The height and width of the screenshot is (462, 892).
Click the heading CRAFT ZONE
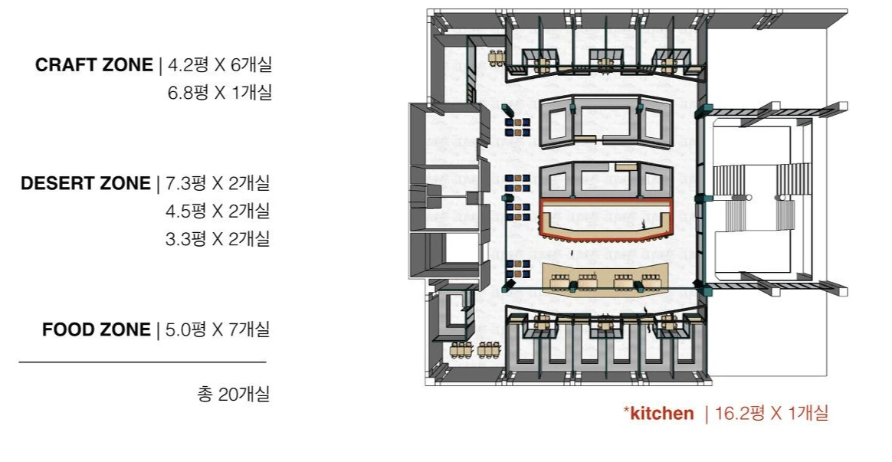pos(93,65)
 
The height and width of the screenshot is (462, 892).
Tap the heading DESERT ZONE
pos(86,183)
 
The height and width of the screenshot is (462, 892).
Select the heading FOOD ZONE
pos(96,329)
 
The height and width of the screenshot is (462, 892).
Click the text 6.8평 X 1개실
pos(220,92)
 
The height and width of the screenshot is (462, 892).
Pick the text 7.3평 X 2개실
pos(218,183)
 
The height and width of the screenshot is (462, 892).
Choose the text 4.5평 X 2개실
pos(218,211)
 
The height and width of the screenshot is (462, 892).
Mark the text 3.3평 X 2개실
pos(218,238)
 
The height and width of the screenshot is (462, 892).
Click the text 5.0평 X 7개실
pos(218,329)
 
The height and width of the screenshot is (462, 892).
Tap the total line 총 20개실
pos(233,394)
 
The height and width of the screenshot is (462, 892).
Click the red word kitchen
pos(661,413)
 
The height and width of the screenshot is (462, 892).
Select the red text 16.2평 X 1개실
pos(772,413)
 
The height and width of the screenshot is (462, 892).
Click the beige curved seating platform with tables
pos(607,278)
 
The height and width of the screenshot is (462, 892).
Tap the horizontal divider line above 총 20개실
pos(143,362)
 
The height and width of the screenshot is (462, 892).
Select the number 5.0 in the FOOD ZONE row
pos(179,330)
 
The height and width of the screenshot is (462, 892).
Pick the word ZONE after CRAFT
pos(127,65)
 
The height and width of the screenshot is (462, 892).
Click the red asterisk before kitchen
pos(626,410)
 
